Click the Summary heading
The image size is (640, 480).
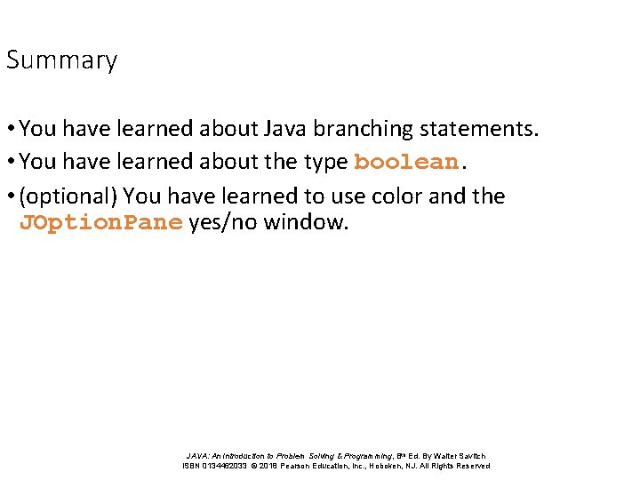click(x=61, y=60)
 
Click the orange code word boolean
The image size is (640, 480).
click(x=406, y=163)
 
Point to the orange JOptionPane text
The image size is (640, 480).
click(x=100, y=222)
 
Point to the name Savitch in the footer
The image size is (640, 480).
click(x=470, y=455)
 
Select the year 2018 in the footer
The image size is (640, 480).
click(x=268, y=466)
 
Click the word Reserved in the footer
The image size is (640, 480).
click(x=471, y=466)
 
